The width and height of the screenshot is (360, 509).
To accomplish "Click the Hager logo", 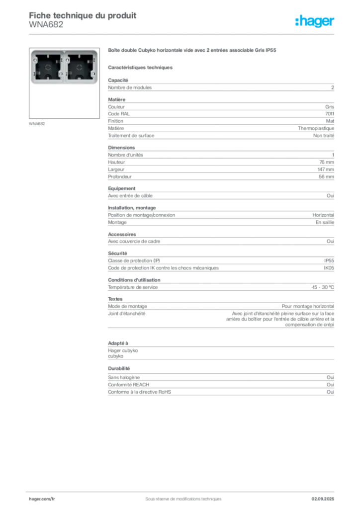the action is (314, 21).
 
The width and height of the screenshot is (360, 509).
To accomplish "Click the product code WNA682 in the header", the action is (46, 25).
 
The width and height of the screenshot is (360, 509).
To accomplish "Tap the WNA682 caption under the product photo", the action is (37, 124).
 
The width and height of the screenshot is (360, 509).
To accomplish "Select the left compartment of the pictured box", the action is (48, 67).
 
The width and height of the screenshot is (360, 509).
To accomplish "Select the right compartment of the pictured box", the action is (80, 67).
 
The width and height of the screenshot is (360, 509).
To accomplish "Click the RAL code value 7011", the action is (330, 114).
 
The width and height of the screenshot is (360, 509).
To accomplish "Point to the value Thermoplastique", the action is (316, 129).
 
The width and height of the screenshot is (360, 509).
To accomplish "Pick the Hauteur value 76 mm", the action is (327, 163).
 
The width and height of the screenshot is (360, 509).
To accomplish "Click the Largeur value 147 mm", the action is (326, 170).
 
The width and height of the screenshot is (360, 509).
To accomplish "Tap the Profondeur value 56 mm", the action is (326, 177).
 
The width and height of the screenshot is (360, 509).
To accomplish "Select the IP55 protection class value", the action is (329, 260).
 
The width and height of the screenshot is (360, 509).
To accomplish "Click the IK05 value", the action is (329, 268).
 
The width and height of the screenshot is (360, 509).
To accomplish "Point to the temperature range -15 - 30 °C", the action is (322, 287).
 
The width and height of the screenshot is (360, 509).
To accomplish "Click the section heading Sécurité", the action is (117, 254).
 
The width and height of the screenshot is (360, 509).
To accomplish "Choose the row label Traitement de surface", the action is (131, 136).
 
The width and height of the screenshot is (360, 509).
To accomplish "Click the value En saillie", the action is (325, 222).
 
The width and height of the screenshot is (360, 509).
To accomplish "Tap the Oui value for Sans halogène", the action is (330, 378).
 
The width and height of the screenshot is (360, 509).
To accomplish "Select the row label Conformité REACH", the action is (129, 385).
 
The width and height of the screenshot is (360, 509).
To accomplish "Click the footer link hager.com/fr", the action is (42, 499).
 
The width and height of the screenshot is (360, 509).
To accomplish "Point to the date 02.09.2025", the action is (323, 499).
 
